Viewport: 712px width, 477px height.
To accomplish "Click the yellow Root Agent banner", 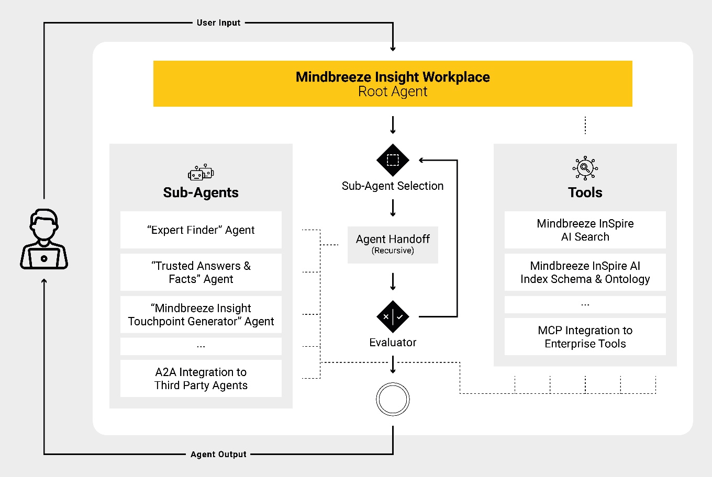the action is click(x=393, y=84).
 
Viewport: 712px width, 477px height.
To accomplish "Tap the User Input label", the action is click(x=219, y=23).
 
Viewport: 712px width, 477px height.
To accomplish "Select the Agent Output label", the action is click(x=218, y=454).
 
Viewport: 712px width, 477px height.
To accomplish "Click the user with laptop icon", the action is click(x=44, y=239).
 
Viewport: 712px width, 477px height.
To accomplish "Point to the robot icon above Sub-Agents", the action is click(x=201, y=173).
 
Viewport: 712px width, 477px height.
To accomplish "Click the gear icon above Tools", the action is click(x=585, y=168).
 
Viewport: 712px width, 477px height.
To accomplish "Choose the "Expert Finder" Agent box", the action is click(x=201, y=230).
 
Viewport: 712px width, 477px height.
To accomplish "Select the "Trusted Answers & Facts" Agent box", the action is click(x=201, y=272).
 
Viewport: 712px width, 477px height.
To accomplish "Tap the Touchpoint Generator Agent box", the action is click(x=201, y=314).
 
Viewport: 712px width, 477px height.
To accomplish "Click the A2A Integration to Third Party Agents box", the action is click(x=201, y=378).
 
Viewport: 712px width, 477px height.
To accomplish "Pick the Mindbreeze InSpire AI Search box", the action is click(x=585, y=230).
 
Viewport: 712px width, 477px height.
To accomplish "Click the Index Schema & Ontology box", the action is click(x=585, y=272).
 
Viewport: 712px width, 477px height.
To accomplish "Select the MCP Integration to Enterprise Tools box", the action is click(x=585, y=337).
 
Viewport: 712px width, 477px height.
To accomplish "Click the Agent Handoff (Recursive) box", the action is click(x=393, y=245).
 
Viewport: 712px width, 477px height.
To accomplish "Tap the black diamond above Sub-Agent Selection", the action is click(x=393, y=160).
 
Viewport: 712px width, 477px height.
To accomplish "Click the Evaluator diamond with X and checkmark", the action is click(x=393, y=316).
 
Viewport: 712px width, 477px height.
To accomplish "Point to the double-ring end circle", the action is click(x=393, y=383).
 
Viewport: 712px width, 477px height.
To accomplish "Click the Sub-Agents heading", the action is click(x=201, y=192).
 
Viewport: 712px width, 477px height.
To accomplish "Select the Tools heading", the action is click(x=585, y=192).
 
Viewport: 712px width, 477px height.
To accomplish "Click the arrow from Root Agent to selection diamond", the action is click(x=393, y=125).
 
